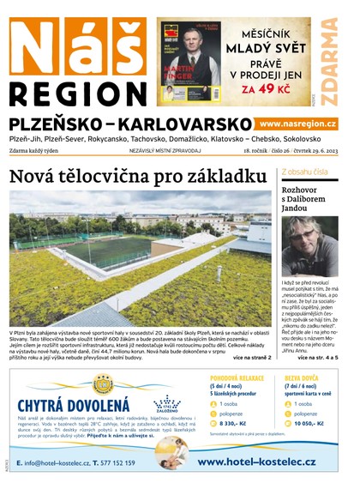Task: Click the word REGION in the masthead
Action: click(77, 94)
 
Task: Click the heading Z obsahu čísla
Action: click(304, 172)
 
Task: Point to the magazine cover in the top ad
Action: click(189, 61)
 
